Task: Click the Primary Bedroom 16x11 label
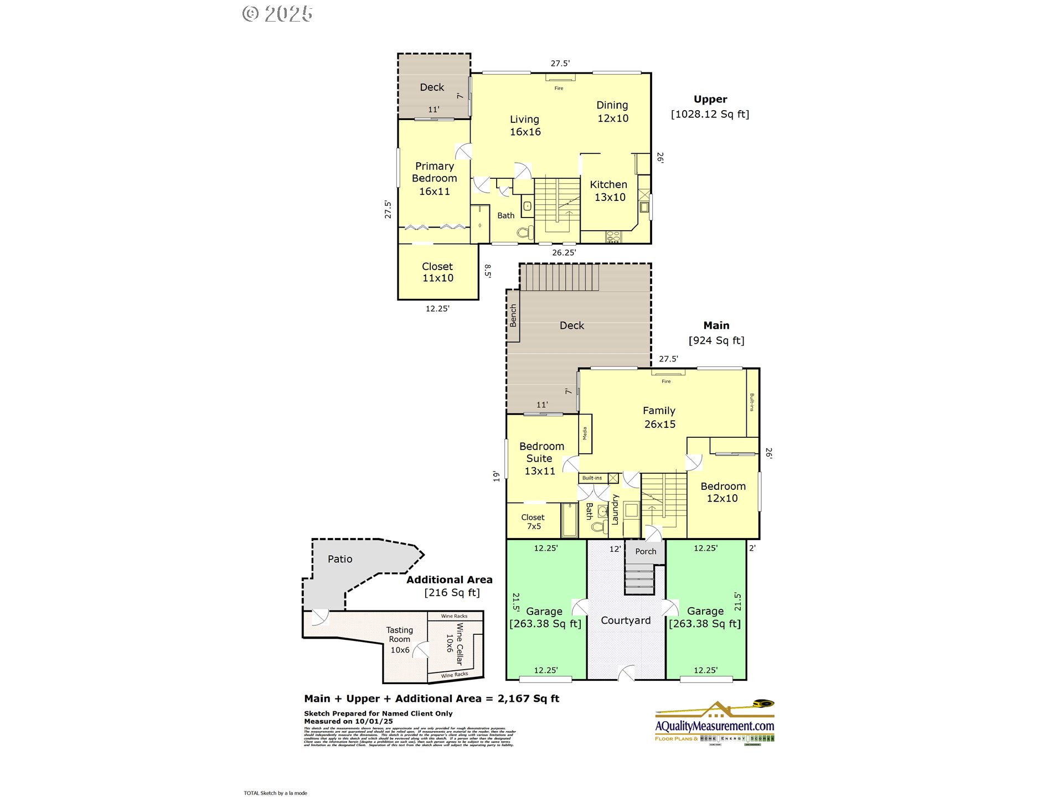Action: click(435, 178)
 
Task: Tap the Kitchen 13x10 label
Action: click(608, 190)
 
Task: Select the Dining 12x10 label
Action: click(612, 111)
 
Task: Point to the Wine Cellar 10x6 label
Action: click(455, 643)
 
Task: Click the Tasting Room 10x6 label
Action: click(400, 639)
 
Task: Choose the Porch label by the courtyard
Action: click(646, 551)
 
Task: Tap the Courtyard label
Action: click(626, 620)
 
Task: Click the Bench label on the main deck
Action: click(513, 315)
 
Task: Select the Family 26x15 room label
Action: click(659, 417)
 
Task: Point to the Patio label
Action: click(340, 559)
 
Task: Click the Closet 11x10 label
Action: click(437, 272)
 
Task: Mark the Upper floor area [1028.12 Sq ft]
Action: click(710, 114)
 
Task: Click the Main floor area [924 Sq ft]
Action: click(716, 340)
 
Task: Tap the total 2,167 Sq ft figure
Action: click(528, 698)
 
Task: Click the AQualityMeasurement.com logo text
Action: click(714, 726)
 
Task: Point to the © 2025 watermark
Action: click(277, 14)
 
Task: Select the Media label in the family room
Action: click(585, 433)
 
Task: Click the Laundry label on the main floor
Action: click(615, 509)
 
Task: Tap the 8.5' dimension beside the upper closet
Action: click(488, 271)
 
